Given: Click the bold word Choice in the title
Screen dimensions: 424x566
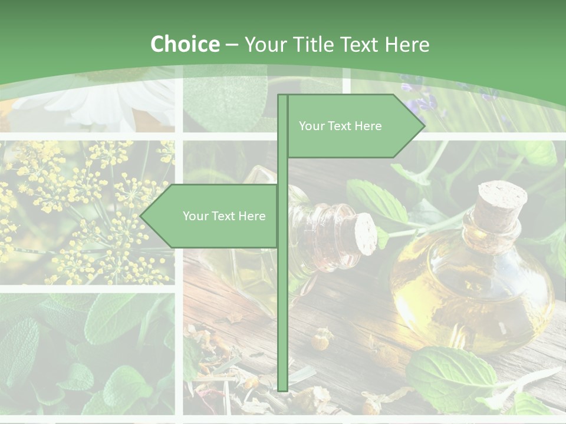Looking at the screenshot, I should pyautogui.click(x=185, y=44).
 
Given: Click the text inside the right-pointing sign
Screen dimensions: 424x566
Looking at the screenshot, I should pyautogui.click(x=340, y=126).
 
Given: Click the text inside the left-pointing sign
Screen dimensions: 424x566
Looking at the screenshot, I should pyautogui.click(x=224, y=216).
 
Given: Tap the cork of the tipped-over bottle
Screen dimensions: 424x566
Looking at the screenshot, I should pyautogui.click(x=366, y=234).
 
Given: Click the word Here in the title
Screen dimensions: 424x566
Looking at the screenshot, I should pyautogui.click(x=407, y=44).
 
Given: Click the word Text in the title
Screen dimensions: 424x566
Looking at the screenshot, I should pyautogui.click(x=359, y=44).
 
